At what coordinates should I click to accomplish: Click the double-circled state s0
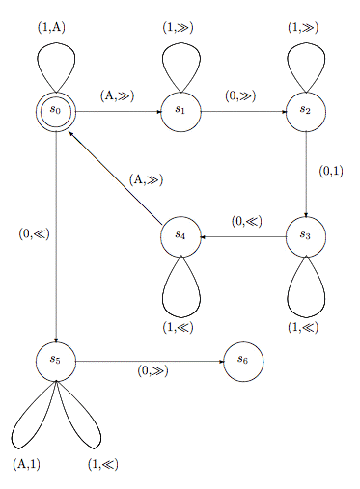click(x=56, y=111)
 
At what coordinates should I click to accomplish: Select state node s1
click(x=180, y=111)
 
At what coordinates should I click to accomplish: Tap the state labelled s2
click(x=305, y=111)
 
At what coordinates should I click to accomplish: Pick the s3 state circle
click(x=305, y=235)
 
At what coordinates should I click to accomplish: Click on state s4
click(x=180, y=235)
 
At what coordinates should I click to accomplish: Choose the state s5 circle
click(x=56, y=361)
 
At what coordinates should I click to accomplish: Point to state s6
click(x=242, y=361)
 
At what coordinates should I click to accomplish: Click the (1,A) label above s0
click(x=52, y=27)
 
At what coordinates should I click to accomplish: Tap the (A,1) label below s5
click(x=27, y=464)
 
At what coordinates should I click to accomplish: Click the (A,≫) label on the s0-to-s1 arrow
click(x=117, y=95)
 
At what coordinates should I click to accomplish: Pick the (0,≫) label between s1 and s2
click(x=240, y=95)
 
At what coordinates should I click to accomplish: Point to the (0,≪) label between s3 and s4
click(x=246, y=221)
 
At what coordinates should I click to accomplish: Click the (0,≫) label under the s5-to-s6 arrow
click(x=152, y=371)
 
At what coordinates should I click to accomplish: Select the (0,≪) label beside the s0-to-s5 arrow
click(x=34, y=232)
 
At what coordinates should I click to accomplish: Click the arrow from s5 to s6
click(x=150, y=361)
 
